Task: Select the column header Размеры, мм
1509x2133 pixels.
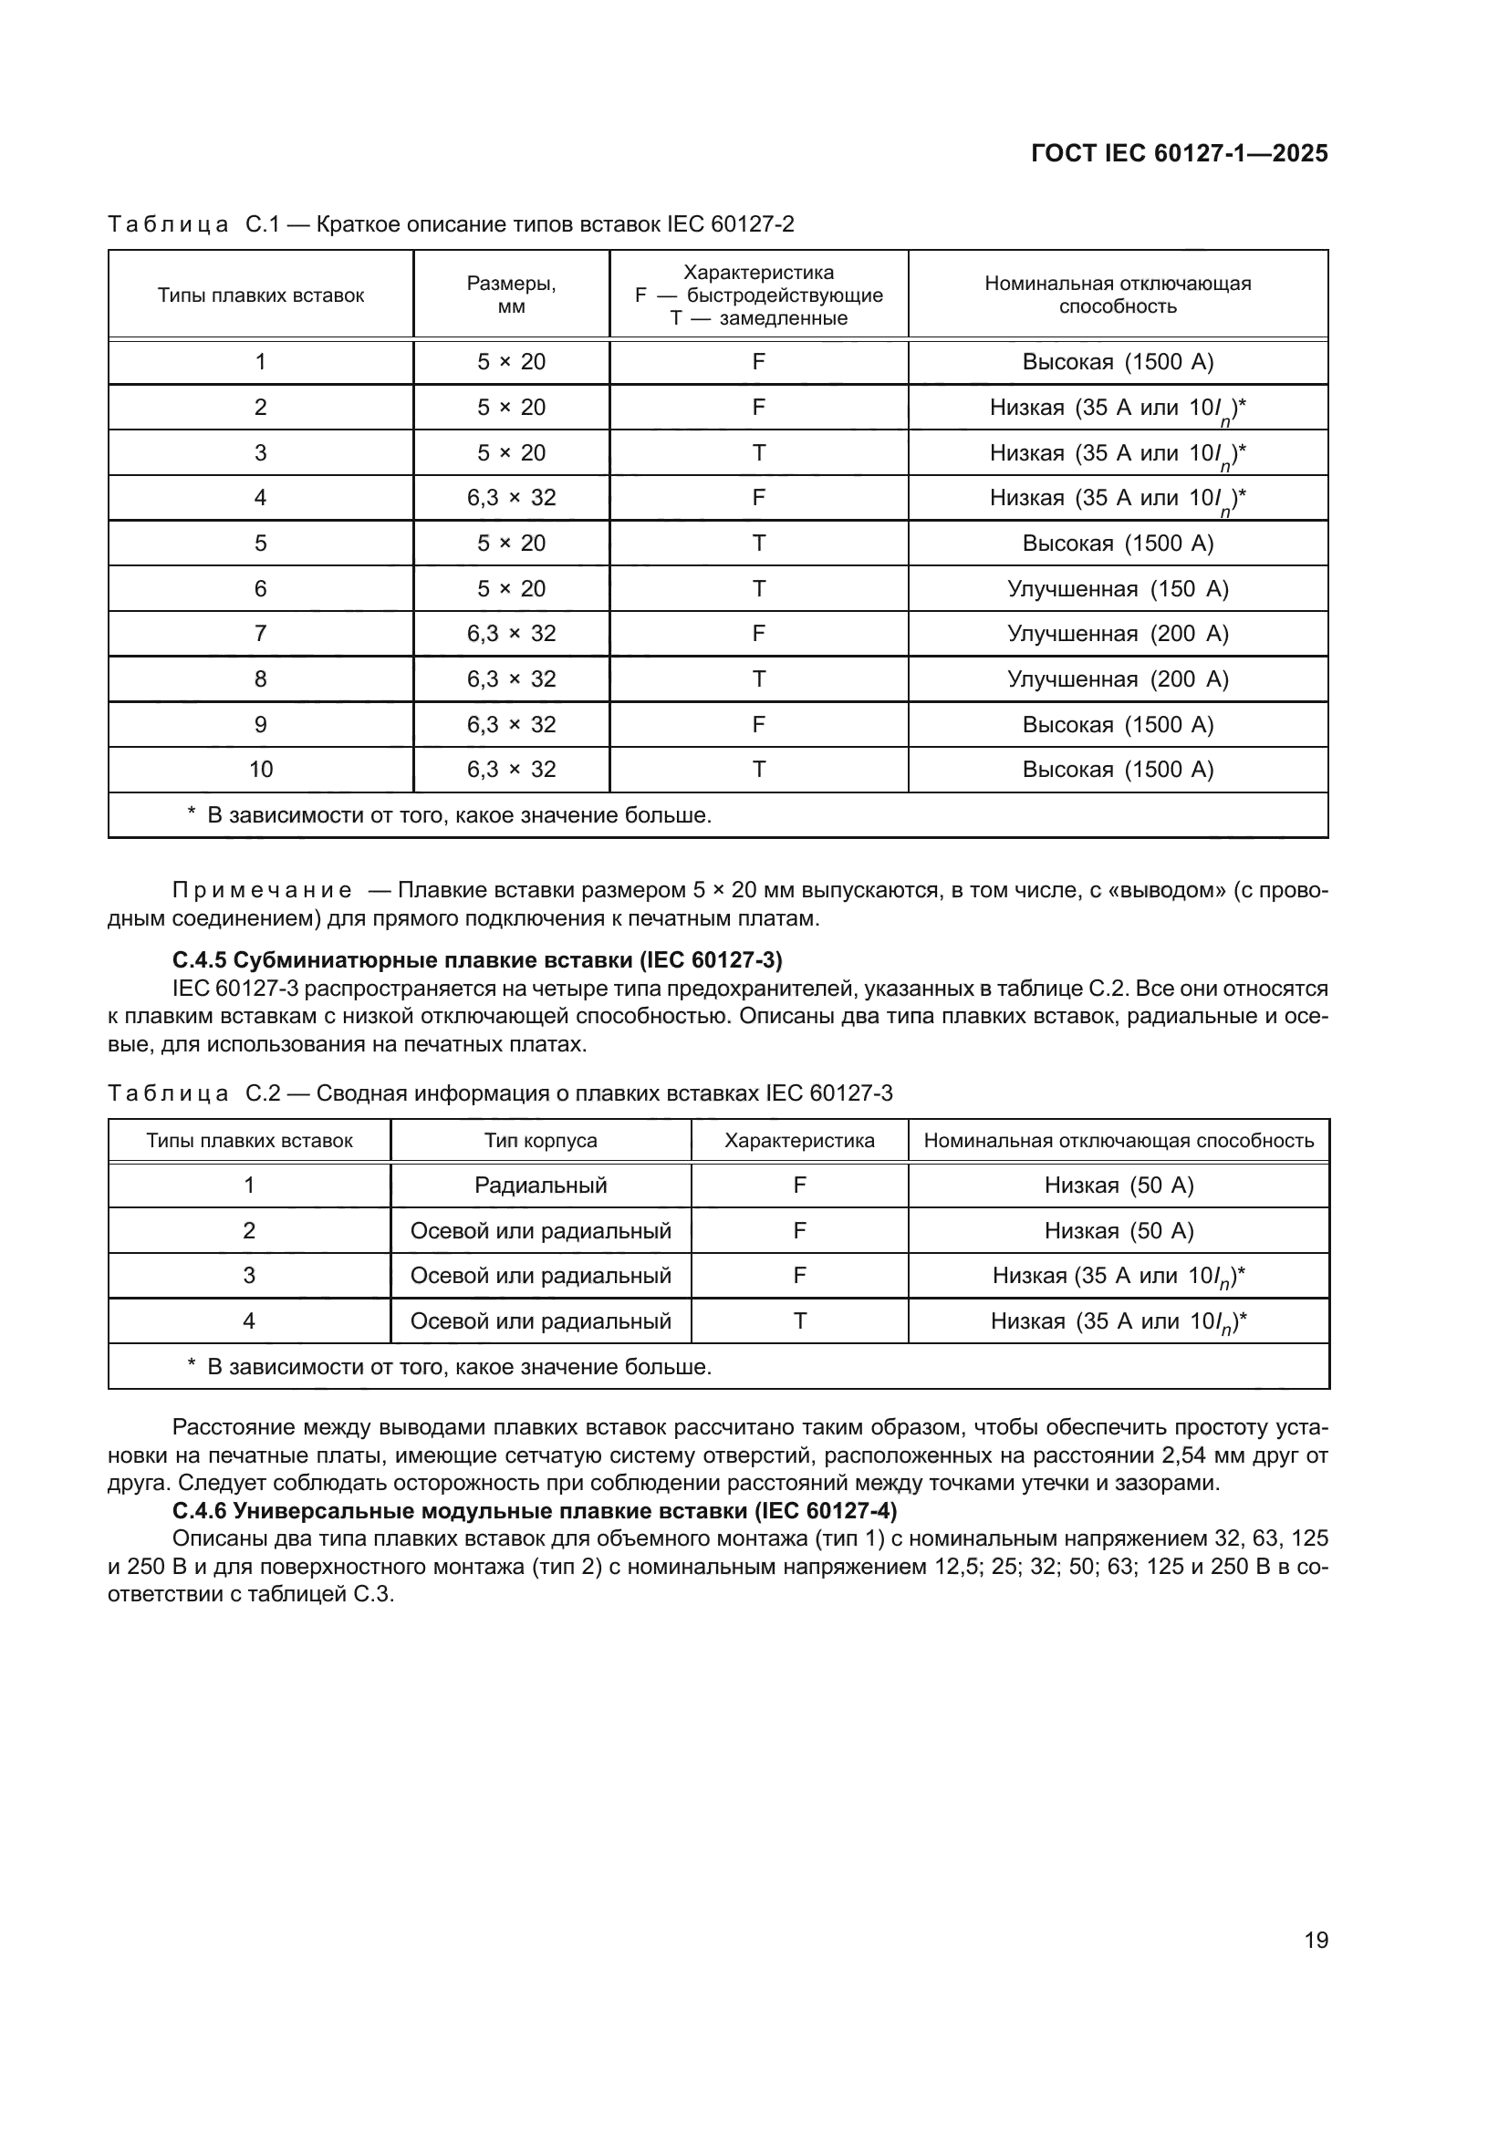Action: click(511, 295)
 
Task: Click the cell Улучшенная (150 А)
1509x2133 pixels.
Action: click(1118, 589)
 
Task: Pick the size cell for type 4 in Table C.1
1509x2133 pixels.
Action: click(511, 498)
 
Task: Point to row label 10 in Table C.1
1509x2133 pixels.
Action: click(261, 770)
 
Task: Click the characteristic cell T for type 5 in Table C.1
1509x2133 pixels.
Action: click(758, 544)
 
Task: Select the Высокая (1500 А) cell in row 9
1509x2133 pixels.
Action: click(1118, 725)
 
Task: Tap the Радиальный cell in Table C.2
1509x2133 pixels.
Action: click(541, 1186)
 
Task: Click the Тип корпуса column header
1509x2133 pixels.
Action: click(541, 1141)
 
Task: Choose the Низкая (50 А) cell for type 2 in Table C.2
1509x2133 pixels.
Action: click(1119, 1231)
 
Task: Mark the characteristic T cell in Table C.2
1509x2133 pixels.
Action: click(799, 1321)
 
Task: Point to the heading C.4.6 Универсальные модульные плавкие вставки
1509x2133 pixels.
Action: click(536, 1510)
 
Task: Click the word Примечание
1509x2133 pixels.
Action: click(262, 891)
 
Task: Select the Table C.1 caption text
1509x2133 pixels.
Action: click(451, 225)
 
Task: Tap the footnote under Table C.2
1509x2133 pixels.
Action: click(450, 1368)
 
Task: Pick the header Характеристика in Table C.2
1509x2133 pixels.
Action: click(799, 1141)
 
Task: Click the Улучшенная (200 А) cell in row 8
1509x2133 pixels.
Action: click(1118, 679)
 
